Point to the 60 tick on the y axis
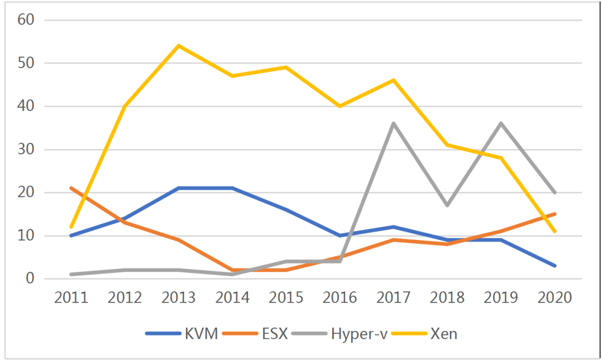click(26, 20)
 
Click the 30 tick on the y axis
click(26, 150)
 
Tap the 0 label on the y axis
click(31, 279)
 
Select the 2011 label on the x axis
click(71, 297)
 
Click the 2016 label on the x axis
click(339, 297)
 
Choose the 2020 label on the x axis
click(554, 297)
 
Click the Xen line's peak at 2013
click(179, 46)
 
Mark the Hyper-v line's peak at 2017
click(394, 123)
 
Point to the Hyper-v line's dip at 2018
click(447, 205)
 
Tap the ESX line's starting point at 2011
click(71, 188)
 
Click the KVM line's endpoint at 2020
click(554, 266)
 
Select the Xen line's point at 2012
click(125, 106)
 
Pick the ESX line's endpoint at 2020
click(554, 214)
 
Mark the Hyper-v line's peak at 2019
click(501, 123)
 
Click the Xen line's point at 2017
click(394, 80)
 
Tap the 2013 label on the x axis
click(179, 297)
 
